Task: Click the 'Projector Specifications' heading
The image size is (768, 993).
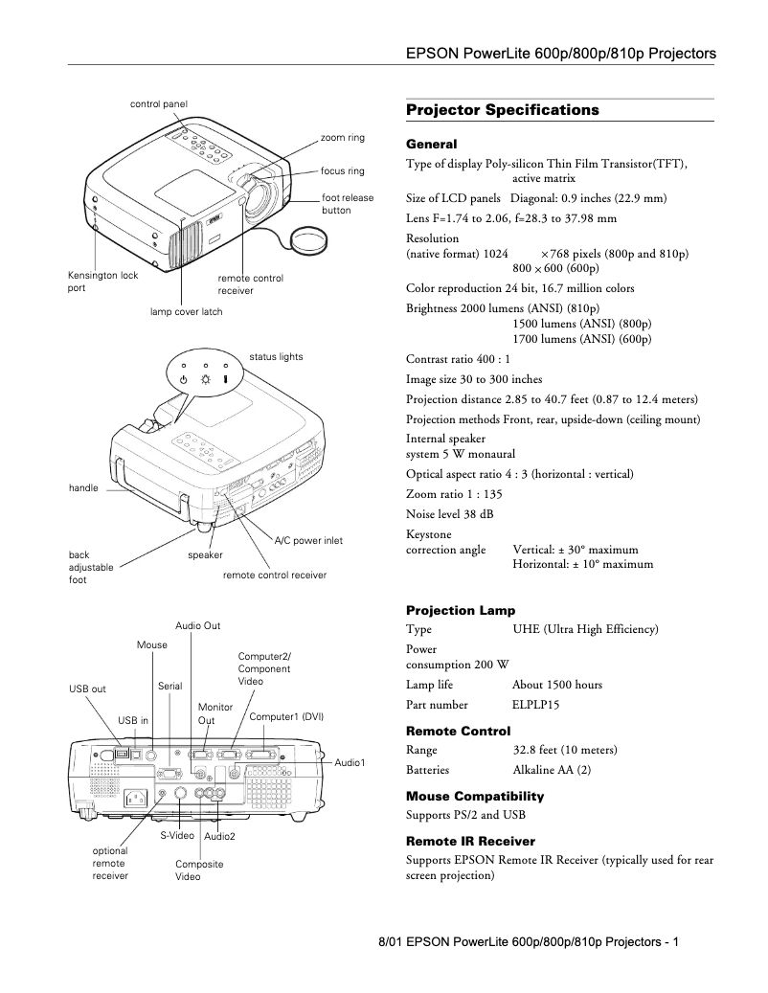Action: click(502, 110)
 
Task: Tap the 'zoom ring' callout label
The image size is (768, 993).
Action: click(342, 138)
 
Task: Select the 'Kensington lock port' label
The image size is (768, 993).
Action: click(102, 282)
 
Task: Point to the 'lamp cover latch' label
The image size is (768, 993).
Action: click(186, 312)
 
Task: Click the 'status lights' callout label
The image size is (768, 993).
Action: click(276, 357)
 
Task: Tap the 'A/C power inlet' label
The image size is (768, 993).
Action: click(307, 541)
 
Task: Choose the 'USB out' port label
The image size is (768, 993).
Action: click(87, 688)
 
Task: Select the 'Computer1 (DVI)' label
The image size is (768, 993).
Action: click(285, 716)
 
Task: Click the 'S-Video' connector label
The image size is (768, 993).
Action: click(177, 836)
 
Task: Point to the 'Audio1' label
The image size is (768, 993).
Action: click(350, 762)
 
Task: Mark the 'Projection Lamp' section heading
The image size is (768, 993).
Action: click(460, 610)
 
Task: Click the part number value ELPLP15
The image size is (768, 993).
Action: click(535, 705)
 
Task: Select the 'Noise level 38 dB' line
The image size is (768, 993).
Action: click(449, 514)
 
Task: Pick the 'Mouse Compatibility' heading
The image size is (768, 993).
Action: click(474, 796)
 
